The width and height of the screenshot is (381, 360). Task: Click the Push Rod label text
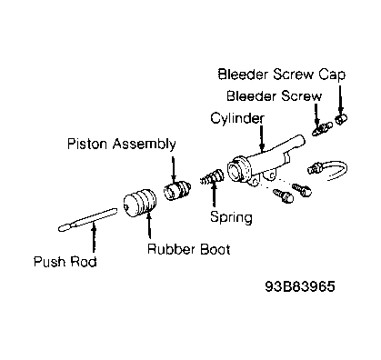click(x=65, y=262)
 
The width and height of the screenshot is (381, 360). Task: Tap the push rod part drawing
click(x=88, y=219)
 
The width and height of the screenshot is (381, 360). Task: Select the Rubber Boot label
click(x=188, y=249)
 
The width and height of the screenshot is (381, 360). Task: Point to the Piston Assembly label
click(x=121, y=144)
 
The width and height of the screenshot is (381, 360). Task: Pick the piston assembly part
click(x=177, y=190)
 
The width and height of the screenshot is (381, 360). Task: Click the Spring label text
click(x=231, y=217)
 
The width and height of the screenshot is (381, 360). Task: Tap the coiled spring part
click(x=212, y=177)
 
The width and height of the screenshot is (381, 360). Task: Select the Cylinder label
click(x=237, y=118)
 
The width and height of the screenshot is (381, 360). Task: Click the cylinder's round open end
click(x=237, y=170)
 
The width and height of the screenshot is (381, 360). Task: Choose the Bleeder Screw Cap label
click(x=282, y=75)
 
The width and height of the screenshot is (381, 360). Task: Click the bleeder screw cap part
click(x=341, y=119)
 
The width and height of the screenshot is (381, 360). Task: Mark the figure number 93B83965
click(x=300, y=286)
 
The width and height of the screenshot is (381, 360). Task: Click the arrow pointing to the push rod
click(x=94, y=236)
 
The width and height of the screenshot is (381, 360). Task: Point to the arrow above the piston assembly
click(x=174, y=170)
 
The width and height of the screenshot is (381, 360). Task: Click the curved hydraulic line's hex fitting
click(x=315, y=168)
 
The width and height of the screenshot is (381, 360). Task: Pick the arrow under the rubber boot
click(x=148, y=225)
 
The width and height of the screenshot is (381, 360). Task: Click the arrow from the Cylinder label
click(x=262, y=138)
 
